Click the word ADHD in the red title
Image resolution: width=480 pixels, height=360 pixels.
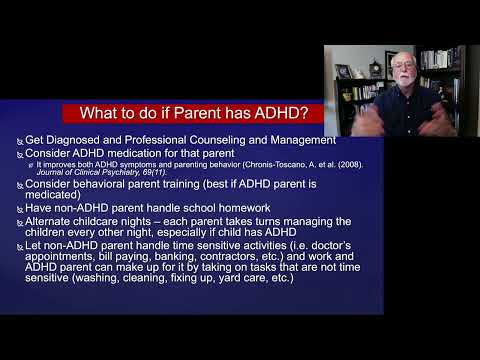click(x=268, y=113)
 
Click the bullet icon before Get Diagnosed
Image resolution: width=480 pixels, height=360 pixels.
click(x=19, y=141)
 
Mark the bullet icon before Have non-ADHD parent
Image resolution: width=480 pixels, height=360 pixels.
click(x=19, y=209)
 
